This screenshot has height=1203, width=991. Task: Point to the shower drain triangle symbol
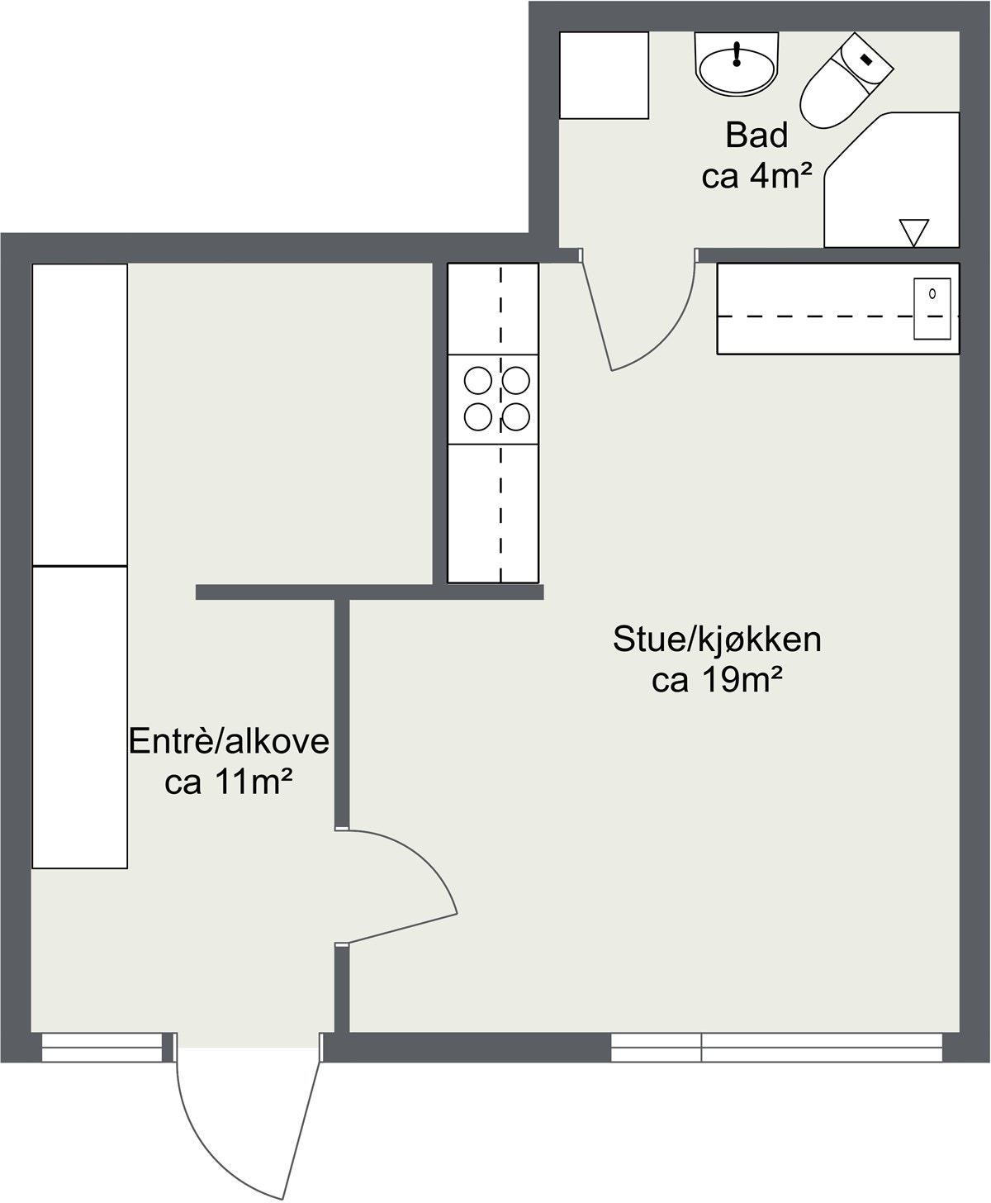point(914,231)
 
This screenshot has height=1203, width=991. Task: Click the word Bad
point(756,136)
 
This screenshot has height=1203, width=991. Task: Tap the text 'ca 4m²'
point(757,176)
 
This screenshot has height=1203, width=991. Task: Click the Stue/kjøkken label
point(717,640)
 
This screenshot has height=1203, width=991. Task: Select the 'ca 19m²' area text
point(717,681)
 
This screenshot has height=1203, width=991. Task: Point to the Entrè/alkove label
point(229,741)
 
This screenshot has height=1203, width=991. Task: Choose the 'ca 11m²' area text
point(229,782)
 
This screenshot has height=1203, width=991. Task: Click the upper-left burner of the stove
point(477,381)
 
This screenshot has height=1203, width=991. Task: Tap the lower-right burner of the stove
point(516,417)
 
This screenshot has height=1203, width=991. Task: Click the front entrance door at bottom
point(248,1115)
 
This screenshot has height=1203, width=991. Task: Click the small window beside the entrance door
point(102,1047)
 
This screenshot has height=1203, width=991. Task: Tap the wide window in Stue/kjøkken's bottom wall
point(776,1047)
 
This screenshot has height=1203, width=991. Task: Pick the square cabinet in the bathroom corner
point(604,75)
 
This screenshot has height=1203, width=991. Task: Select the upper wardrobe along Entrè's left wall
point(79,415)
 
